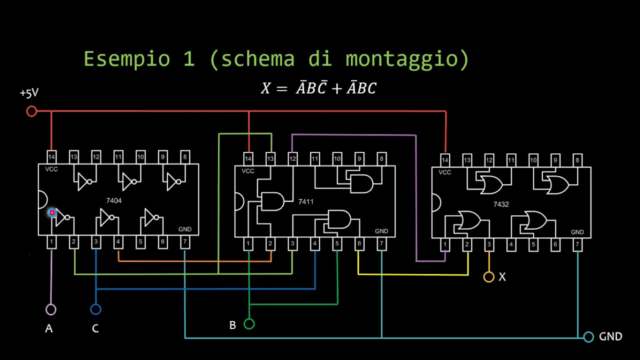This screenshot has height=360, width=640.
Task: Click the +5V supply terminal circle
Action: (31, 111)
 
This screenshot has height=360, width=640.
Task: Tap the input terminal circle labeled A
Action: (51, 309)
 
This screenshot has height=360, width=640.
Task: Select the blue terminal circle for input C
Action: (95, 309)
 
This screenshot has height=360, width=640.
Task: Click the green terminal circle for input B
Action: (249, 324)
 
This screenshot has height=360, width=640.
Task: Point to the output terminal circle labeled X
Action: (488, 276)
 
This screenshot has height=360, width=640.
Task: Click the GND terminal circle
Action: (588, 336)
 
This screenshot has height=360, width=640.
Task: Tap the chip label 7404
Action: (113, 200)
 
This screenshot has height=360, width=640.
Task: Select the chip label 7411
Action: (306, 201)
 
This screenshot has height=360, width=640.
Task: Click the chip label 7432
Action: (501, 204)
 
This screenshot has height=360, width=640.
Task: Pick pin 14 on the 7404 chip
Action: (51, 156)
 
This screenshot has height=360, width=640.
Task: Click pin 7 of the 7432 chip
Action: (577, 245)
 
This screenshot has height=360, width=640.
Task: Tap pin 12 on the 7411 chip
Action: (292, 159)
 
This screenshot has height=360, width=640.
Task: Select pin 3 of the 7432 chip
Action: (489, 245)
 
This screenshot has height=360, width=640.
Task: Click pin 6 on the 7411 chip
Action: (359, 244)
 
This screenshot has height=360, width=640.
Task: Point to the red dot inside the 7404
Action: (51, 213)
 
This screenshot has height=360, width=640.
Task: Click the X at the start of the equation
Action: (266, 89)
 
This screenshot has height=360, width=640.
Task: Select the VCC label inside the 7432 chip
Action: (444, 172)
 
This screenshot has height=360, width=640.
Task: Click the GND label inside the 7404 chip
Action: (185, 229)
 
